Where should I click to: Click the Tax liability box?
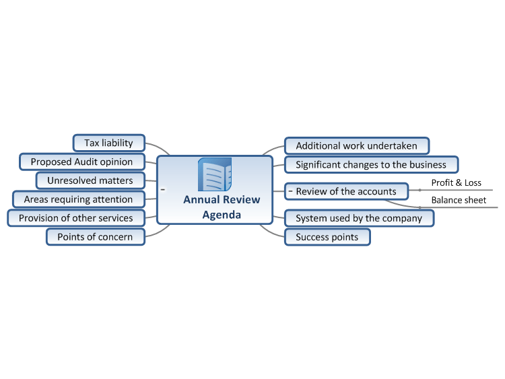click(x=109, y=143)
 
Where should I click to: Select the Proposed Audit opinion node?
click(x=81, y=162)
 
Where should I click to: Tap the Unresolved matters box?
click(x=90, y=180)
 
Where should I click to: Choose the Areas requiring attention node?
click(x=79, y=199)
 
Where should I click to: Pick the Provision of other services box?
click(x=76, y=218)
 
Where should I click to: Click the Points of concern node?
click(x=96, y=237)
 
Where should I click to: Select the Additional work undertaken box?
click(x=357, y=146)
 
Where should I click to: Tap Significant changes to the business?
click(x=371, y=164)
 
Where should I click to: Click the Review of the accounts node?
click(x=347, y=191)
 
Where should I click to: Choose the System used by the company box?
click(x=359, y=218)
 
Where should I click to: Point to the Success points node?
click(x=327, y=237)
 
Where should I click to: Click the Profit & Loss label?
click(x=457, y=183)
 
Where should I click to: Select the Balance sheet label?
click(x=459, y=201)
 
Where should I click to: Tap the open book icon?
click(x=215, y=174)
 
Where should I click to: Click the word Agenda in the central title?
click(x=222, y=215)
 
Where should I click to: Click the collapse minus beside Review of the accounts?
click(x=290, y=191)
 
